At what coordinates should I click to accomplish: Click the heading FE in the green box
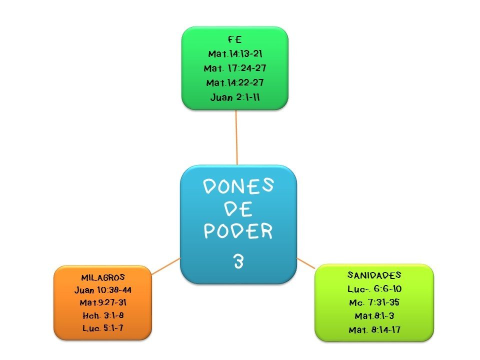234,40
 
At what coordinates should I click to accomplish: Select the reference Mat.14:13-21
234,53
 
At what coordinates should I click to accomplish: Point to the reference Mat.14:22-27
234,82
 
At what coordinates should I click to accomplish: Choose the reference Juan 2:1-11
234,97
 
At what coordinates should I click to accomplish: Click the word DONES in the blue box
238,187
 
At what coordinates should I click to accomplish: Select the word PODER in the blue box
238,231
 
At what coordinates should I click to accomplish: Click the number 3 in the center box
238,261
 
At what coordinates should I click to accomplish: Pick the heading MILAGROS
102,277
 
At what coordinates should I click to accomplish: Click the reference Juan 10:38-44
102,289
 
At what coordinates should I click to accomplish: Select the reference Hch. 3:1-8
102,315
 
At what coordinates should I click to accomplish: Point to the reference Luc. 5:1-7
102,327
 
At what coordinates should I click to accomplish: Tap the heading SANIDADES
374,275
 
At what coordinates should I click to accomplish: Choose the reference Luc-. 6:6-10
374,289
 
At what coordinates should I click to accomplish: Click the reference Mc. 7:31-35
374,302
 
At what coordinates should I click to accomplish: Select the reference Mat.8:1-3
374,316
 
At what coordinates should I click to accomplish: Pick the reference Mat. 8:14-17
374,329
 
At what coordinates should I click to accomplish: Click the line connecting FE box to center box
236,137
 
